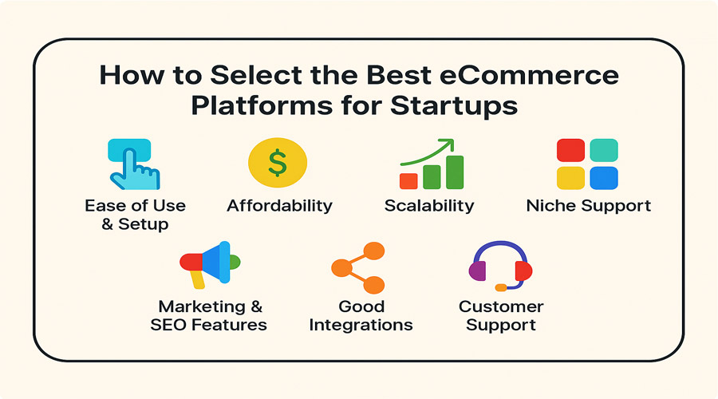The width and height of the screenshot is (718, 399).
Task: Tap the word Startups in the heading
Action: coord(454,106)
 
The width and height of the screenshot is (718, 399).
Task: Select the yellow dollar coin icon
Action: coord(278,163)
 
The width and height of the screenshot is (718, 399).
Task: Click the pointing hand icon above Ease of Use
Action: coord(135,164)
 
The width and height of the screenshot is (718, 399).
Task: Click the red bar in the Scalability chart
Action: coord(408,181)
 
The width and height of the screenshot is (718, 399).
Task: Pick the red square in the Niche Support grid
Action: coord(570,150)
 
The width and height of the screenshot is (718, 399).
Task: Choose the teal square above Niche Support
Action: coord(604,150)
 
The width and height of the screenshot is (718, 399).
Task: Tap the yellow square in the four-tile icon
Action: coord(570,178)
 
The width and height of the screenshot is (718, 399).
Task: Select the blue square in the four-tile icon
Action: coord(604,178)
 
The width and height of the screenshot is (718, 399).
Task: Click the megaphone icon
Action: coord(210,264)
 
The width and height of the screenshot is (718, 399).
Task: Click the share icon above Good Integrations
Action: coord(358,268)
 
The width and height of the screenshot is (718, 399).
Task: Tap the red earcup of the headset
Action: coord(523,271)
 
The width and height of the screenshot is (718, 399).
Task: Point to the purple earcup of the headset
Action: coord(477,271)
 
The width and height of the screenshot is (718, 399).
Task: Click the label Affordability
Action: coord(280,206)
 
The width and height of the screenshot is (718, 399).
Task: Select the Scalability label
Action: coord(429,206)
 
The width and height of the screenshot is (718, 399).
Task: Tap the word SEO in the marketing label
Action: coord(168,325)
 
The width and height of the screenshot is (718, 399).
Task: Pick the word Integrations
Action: coord(361,326)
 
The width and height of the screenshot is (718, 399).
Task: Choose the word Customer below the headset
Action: coord(501,306)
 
